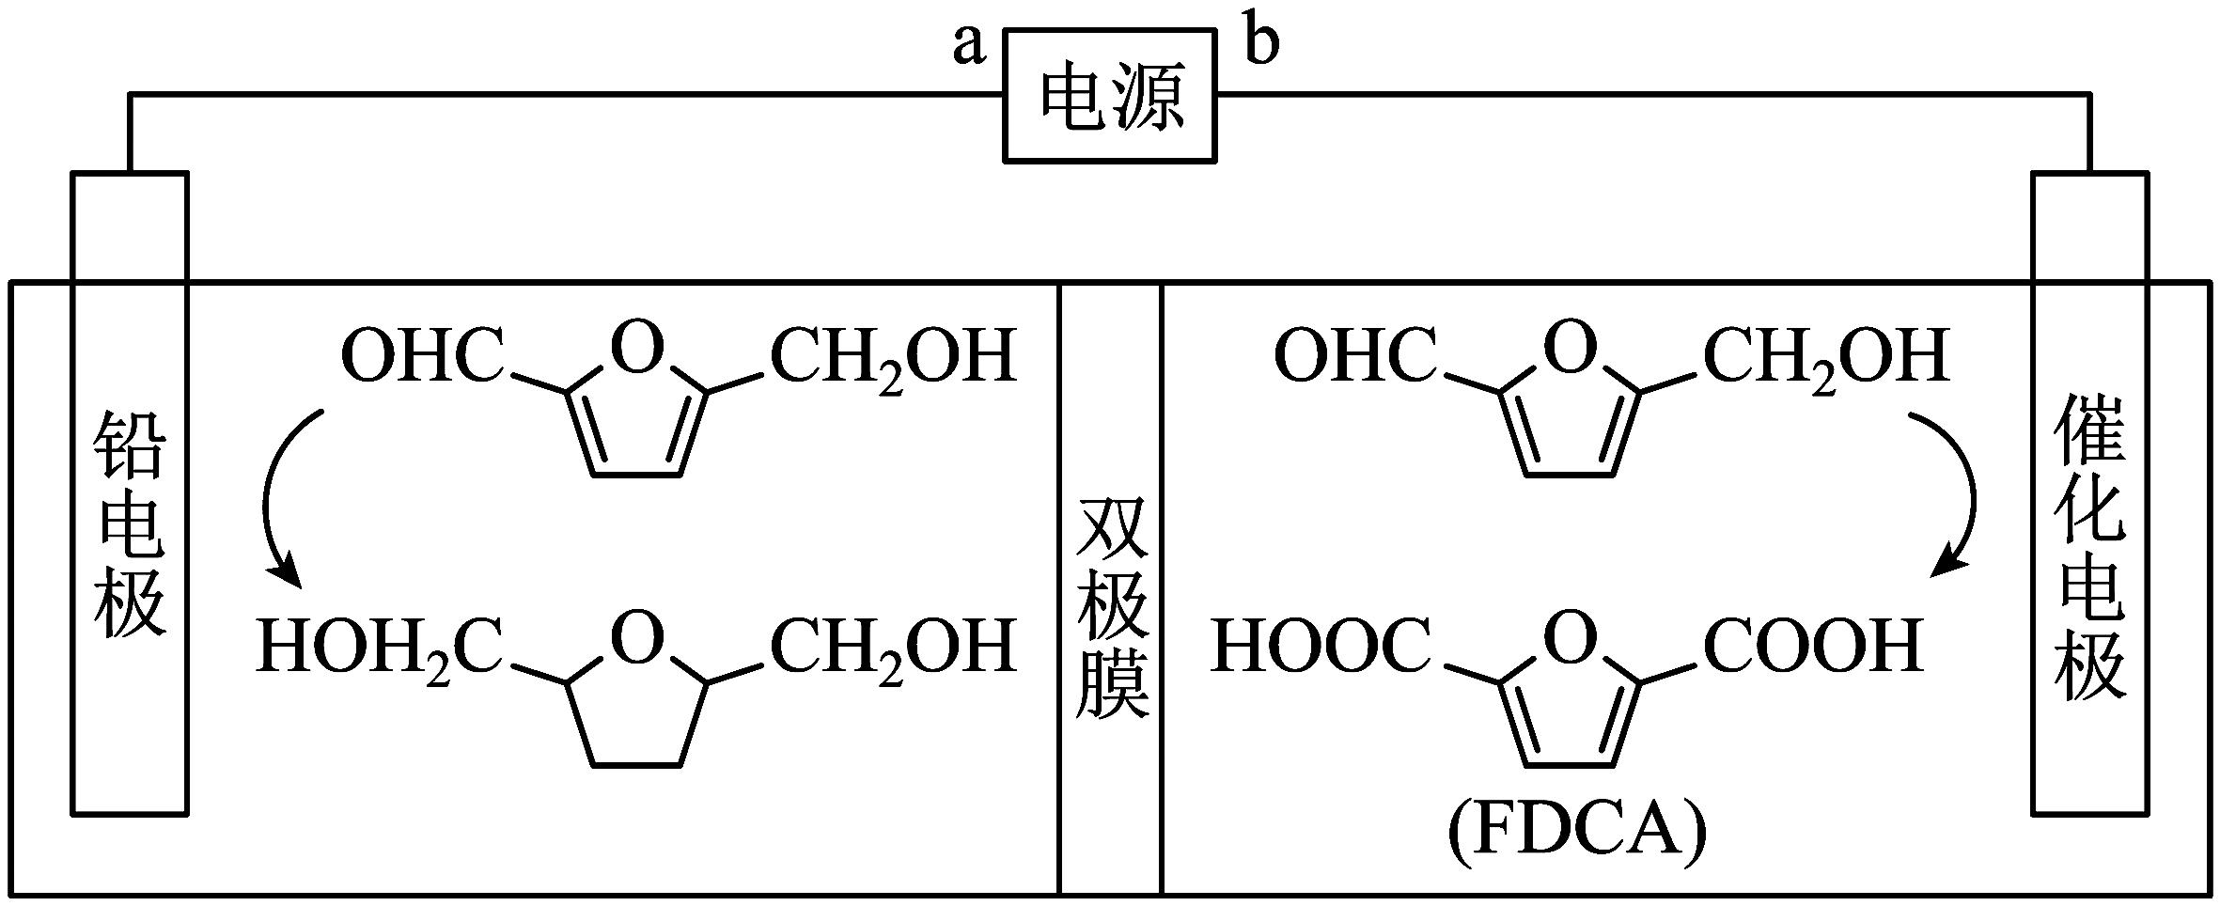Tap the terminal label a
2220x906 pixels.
tap(969, 44)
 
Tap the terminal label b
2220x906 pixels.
tap(1261, 42)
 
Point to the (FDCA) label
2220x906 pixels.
tap(1576, 832)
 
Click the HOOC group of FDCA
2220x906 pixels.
tap(1321, 647)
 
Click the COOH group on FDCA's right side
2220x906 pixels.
tap(1814, 647)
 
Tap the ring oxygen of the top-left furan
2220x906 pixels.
tap(637, 349)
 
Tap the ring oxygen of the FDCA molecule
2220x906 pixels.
tap(1571, 638)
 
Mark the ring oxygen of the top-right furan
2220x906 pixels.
tap(1571, 349)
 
